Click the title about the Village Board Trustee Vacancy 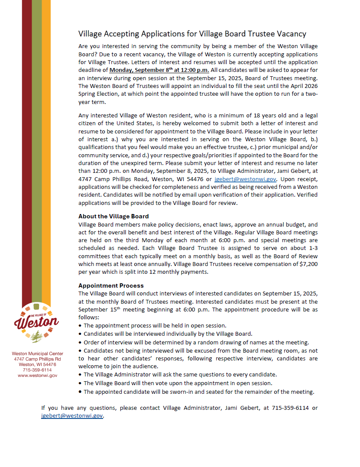click(192, 34)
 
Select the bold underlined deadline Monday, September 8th click(159, 70)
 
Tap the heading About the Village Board click(114, 216)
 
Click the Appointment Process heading click(111, 285)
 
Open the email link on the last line click(72, 415)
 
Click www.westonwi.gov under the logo click(37, 376)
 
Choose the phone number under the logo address click(37, 370)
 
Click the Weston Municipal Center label click(37, 353)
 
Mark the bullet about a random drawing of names click(196, 342)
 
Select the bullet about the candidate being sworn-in click(198, 392)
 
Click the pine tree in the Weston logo click(37, 334)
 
